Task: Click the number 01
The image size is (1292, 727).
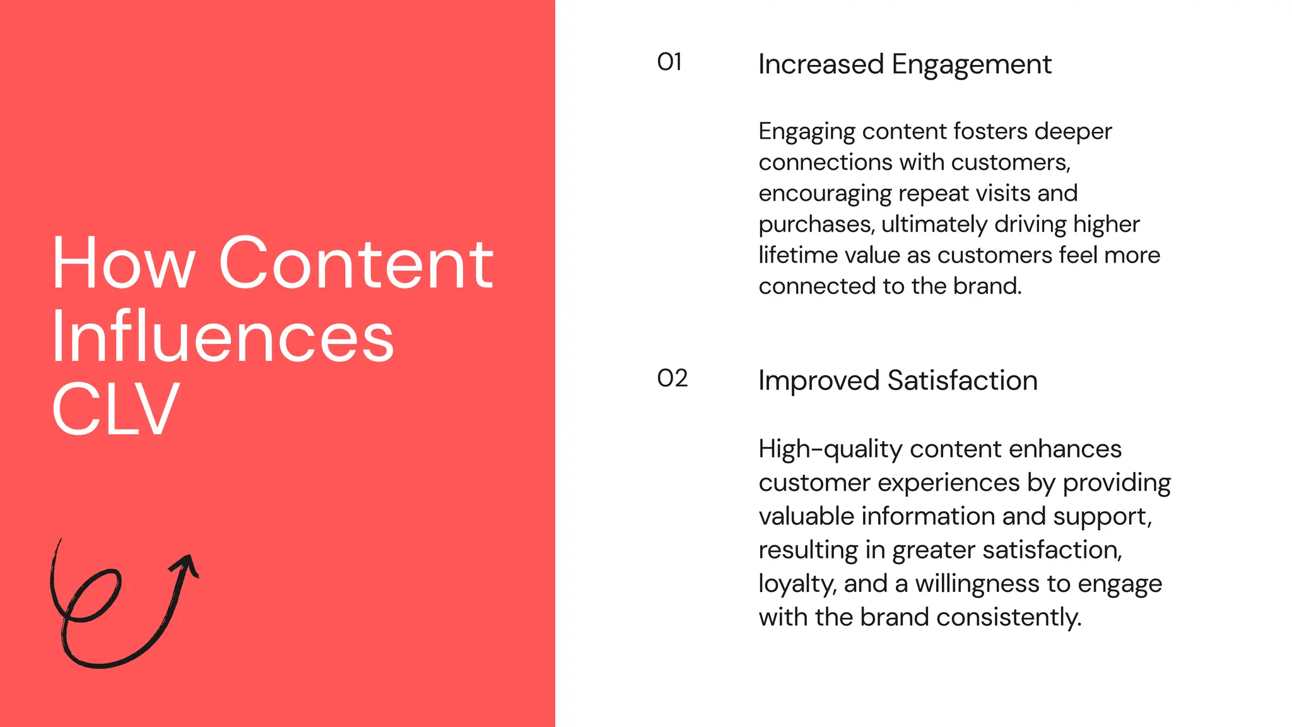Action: click(x=669, y=62)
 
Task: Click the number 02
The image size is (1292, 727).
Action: click(x=672, y=379)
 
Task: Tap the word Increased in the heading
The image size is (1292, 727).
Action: click(x=821, y=64)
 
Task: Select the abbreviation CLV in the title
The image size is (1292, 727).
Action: click(x=115, y=410)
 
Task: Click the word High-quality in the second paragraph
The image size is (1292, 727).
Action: click(x=830, y=449)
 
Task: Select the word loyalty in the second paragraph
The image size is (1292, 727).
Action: click(x=796, y=584)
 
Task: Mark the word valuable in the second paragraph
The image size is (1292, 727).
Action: click(x=806, y=516)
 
